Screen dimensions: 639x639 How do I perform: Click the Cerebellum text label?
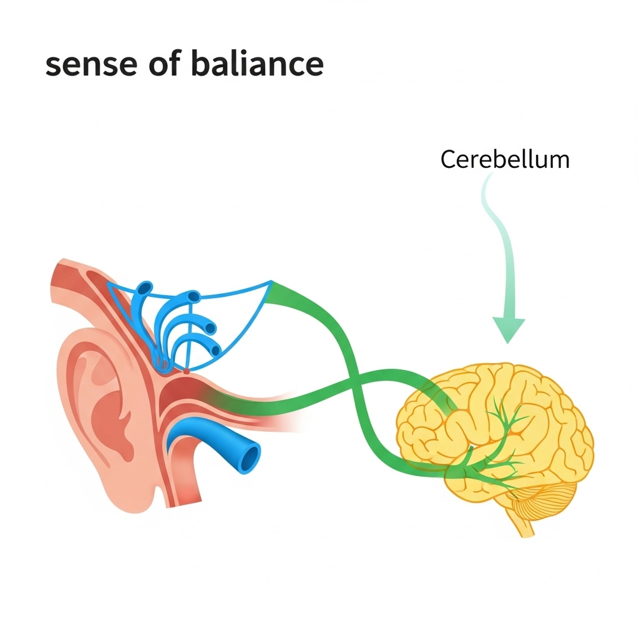[504, 160]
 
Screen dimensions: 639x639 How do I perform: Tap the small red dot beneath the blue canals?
[185, 371]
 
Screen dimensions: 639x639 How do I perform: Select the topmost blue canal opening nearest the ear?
[145, 288]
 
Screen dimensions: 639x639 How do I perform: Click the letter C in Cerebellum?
[447, 160]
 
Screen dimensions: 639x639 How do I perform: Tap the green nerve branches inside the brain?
[499, 437]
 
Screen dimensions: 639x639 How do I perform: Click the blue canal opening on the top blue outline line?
[195, 296]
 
